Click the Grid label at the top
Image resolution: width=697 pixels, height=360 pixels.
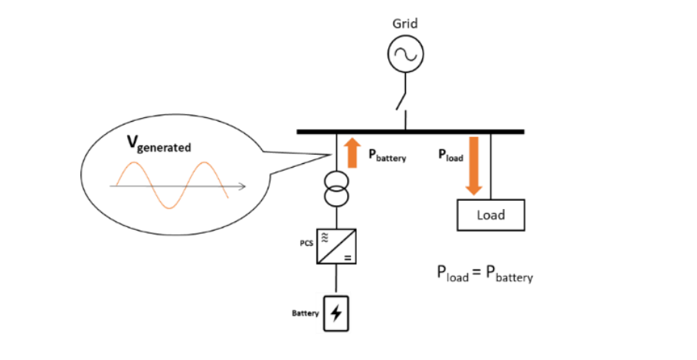coord(405,23)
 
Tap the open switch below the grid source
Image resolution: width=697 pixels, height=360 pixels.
coord(401,99)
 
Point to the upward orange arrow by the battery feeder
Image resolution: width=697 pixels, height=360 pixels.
coord(352,152)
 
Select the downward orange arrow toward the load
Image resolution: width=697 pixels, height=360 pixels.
coord(474,165)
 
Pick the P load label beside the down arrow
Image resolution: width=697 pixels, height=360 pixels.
coord(450,155)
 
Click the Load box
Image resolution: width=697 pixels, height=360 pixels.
coord(491,214)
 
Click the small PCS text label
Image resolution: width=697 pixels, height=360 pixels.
coord(305,243)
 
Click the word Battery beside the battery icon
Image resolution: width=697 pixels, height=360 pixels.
coord(305,313)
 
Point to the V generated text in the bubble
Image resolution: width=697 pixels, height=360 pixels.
coord(159,146)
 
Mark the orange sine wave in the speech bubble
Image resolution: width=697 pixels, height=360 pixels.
coord(170,185)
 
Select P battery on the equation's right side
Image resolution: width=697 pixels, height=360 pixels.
coord(508,273)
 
